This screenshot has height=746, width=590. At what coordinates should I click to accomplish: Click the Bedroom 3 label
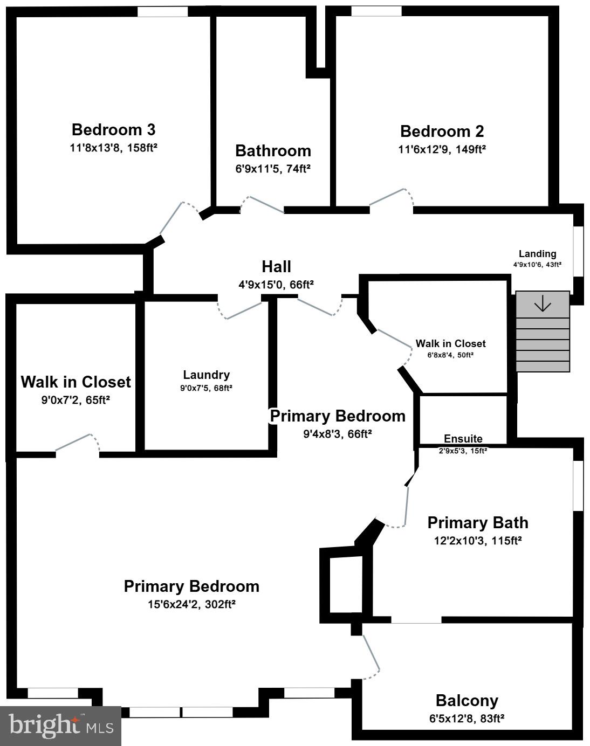(x=113, y=130)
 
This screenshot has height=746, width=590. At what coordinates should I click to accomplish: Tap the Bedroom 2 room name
(x=442, y=132)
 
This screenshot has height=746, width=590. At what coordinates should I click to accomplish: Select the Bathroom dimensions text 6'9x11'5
(x=273, y=169)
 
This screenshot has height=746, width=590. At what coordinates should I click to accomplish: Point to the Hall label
(x=276, y=267)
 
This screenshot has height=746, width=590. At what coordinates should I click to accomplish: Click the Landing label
(x=537, y=254)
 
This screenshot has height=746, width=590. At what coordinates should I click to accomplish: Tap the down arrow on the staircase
(x=542, y=305)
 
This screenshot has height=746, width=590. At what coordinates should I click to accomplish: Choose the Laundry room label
(x=206, y=375)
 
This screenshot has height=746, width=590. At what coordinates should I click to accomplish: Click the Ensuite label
(x=463, y=439)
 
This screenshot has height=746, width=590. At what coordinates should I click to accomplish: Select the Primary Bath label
(x=477, y=523)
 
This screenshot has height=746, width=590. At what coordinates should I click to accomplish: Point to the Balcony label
(x=466, y=701)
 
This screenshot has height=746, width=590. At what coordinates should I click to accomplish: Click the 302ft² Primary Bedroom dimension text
(x=191, y=604)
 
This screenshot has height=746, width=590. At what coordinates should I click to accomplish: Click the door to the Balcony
(x=372, y=653)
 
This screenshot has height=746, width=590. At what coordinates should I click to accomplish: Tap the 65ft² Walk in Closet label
(x=76, y=382)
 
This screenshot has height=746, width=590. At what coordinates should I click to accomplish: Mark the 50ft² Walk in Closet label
(x=450, y=344)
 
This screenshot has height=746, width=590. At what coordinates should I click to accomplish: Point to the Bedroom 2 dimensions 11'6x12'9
(x=442, y=149)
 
